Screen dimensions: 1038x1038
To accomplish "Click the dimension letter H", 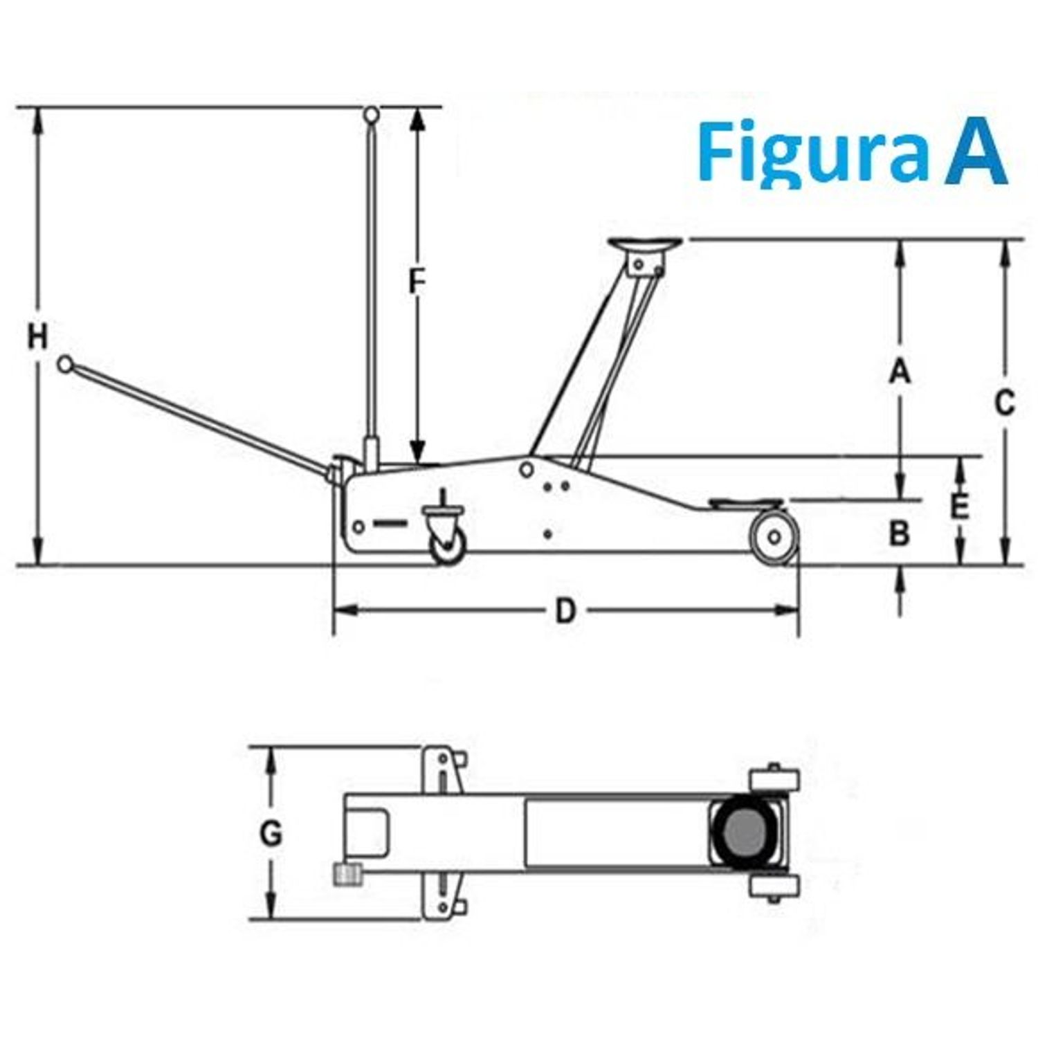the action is click(37, 337).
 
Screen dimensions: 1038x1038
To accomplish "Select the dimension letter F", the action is click(416, 282).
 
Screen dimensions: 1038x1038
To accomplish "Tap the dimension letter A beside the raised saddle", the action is click(899, 372).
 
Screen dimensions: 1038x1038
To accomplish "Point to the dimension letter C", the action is click(1004, 403).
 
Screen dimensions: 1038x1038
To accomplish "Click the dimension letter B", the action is click(899, 534).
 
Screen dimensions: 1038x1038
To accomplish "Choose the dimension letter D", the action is click(565, 611).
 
